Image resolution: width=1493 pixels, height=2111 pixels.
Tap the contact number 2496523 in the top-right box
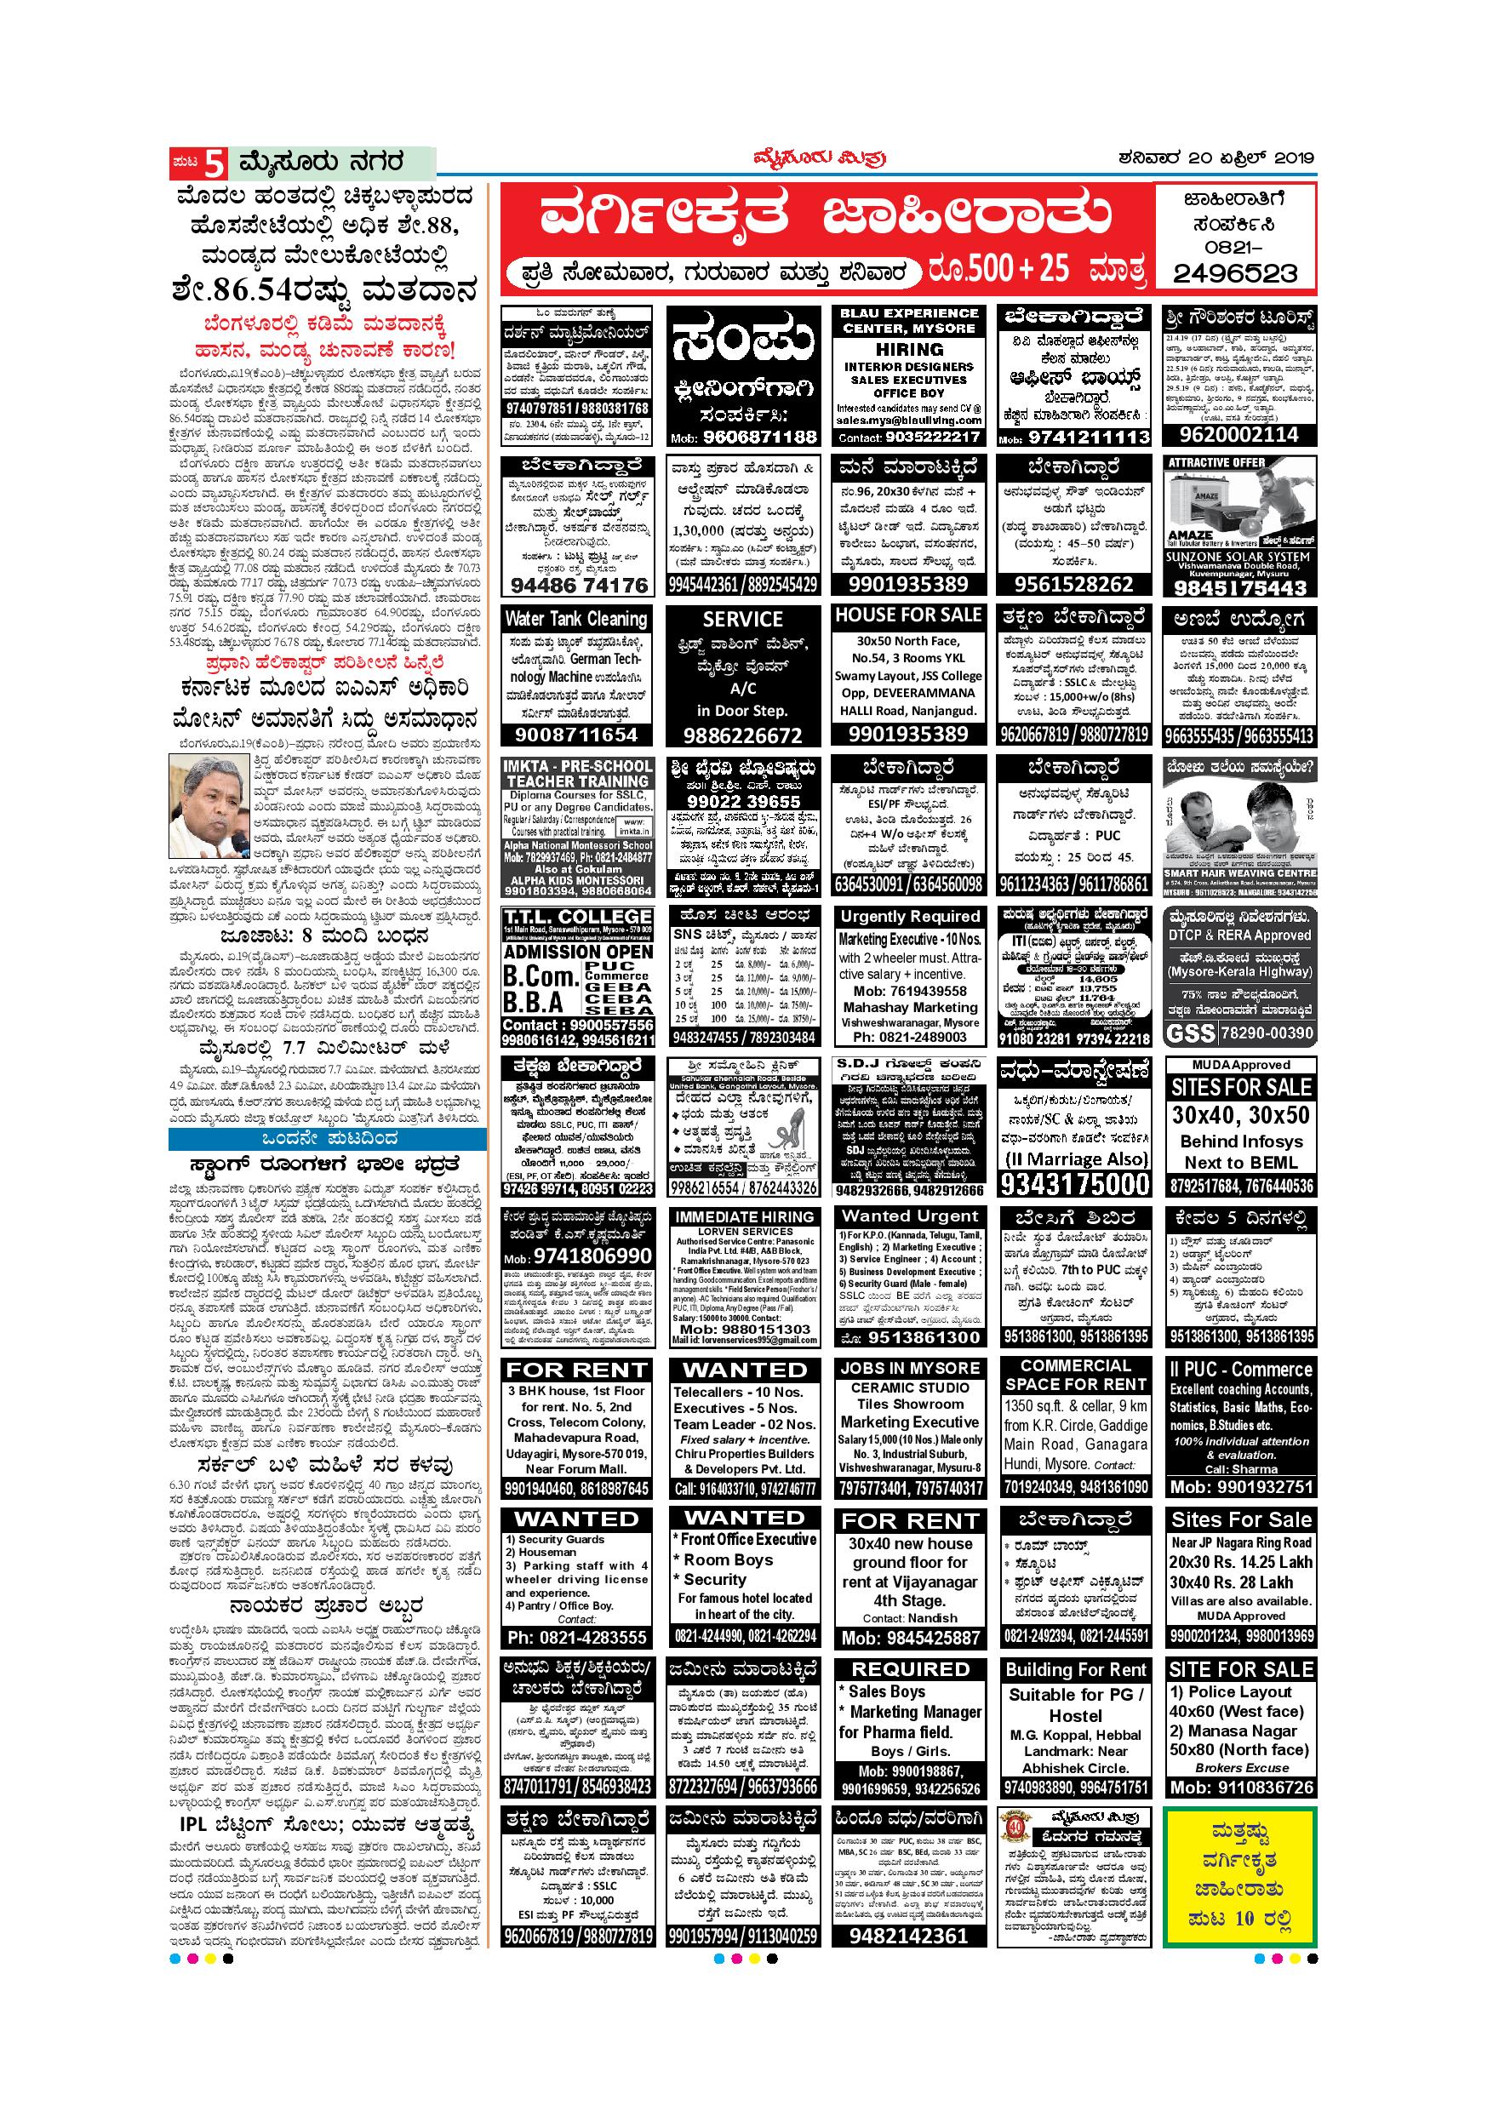[x=1236, y=273]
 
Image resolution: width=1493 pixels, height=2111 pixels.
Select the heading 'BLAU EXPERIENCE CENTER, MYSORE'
[x=908, y=320]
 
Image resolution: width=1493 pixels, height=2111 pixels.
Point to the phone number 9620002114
[x=1238, y=434]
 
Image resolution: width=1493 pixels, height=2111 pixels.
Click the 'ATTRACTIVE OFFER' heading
[x=1217, y=462]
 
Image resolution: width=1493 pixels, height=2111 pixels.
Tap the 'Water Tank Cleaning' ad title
[x=576, y=619]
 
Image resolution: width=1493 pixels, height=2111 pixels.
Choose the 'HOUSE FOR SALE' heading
[x=908, y=615]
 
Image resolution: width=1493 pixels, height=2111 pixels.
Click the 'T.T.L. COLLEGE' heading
[x=577, y=917]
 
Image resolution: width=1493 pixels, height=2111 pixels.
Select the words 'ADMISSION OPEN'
[x=577, y=952]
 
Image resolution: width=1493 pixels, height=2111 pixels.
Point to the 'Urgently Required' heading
[x=908, y=917]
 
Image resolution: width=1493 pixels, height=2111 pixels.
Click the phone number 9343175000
[x=1075, y=1183]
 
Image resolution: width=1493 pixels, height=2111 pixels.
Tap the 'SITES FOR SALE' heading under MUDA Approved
[x=1240, y=1087]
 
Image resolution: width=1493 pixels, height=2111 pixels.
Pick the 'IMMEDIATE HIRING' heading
[x=744, y=1216]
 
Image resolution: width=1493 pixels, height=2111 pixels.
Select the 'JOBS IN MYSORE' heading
[x=909, y=1367]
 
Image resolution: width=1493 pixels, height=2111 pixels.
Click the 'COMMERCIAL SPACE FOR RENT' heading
[x=1075, y=1375]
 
